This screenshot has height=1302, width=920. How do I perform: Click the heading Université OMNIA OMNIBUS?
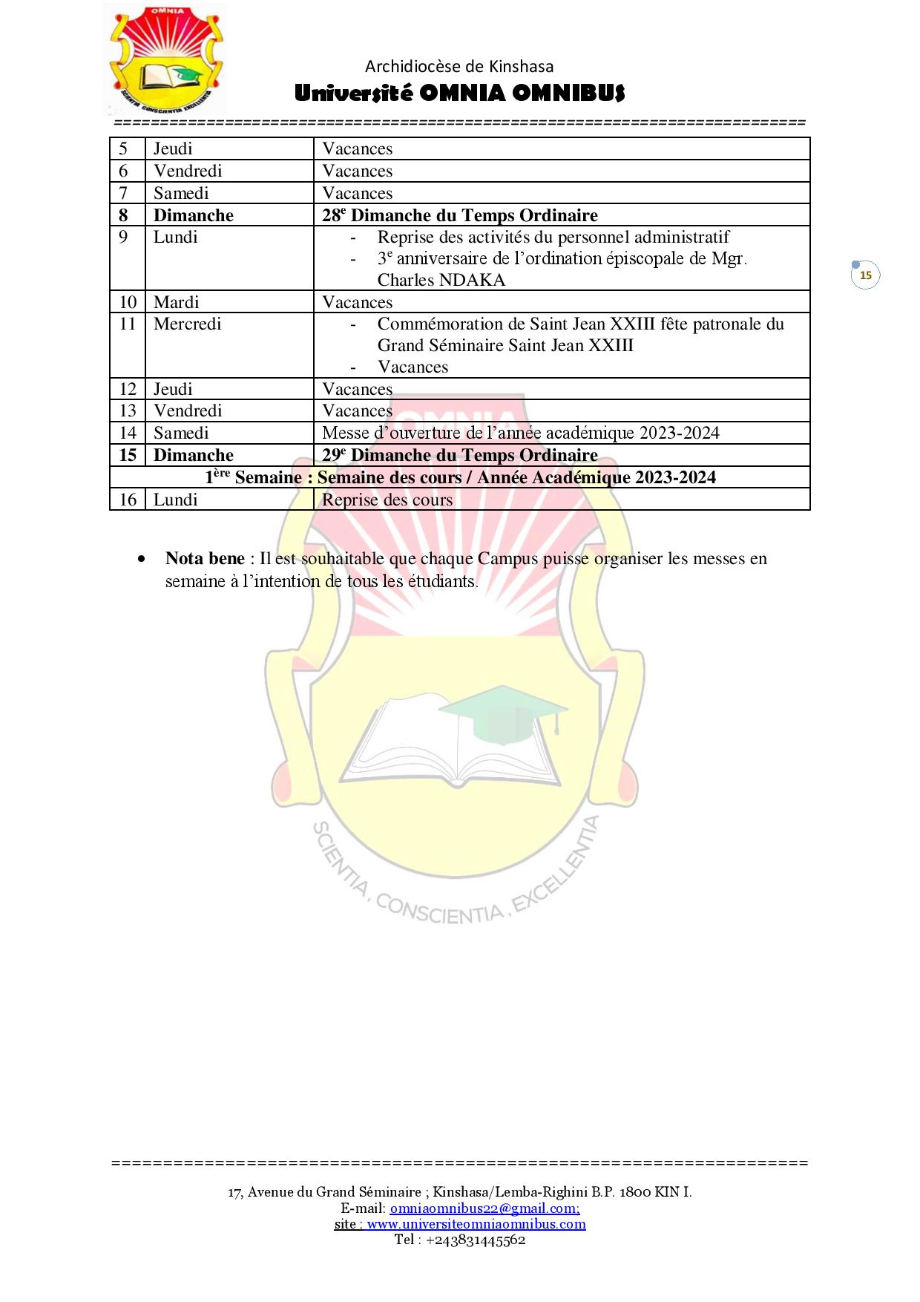(459, 94)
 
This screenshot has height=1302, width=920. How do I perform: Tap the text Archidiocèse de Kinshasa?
(459, 67)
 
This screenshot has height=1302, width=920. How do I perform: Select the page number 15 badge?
(865, 275)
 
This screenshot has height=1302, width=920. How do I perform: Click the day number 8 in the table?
(124, 215)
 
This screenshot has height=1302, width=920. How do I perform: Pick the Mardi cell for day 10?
(177, 302)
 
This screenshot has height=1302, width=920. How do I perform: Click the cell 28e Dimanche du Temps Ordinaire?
(460, 215)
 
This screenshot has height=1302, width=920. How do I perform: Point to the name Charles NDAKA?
(441, 280)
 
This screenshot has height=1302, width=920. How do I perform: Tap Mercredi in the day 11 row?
(188, 324)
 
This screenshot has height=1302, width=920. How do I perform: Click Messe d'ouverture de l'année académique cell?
(521, 433)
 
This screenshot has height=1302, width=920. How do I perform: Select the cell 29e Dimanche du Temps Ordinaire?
(460, 455)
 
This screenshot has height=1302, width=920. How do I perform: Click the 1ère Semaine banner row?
(460, 477)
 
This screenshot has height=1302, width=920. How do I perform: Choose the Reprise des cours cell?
(387, 500)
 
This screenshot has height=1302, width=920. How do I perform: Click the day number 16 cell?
(128, 500)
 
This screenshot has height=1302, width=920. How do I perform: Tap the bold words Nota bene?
(205, 558)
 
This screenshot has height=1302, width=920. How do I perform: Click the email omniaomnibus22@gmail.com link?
(484, 1208)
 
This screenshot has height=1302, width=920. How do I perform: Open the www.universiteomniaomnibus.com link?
(476, 1223)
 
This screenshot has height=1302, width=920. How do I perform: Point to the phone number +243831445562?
(476, 1239)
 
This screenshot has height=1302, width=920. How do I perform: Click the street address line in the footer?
(460, 1191)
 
